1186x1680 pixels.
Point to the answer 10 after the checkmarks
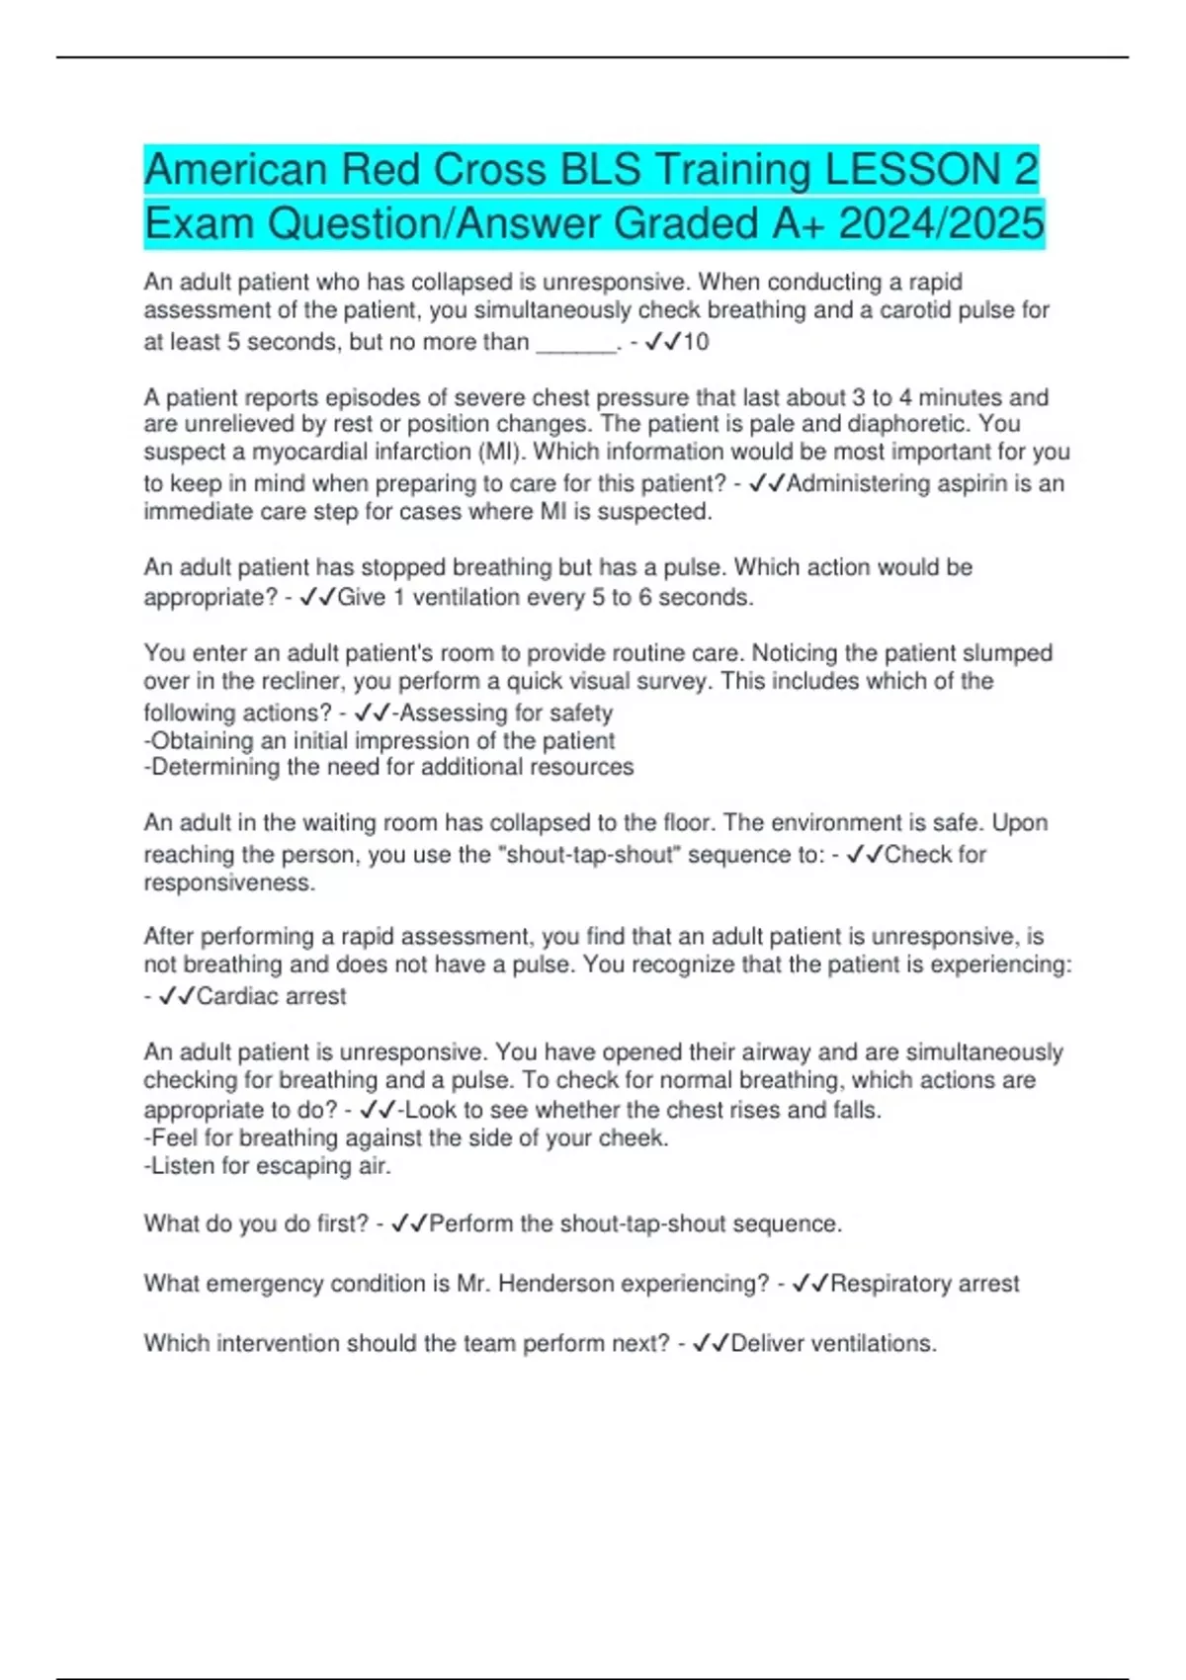coord(696,342)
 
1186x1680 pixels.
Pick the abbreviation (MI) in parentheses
coord(501,452)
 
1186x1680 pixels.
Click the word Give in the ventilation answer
coord(362,597)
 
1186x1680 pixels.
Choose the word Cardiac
coord(232,996)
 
